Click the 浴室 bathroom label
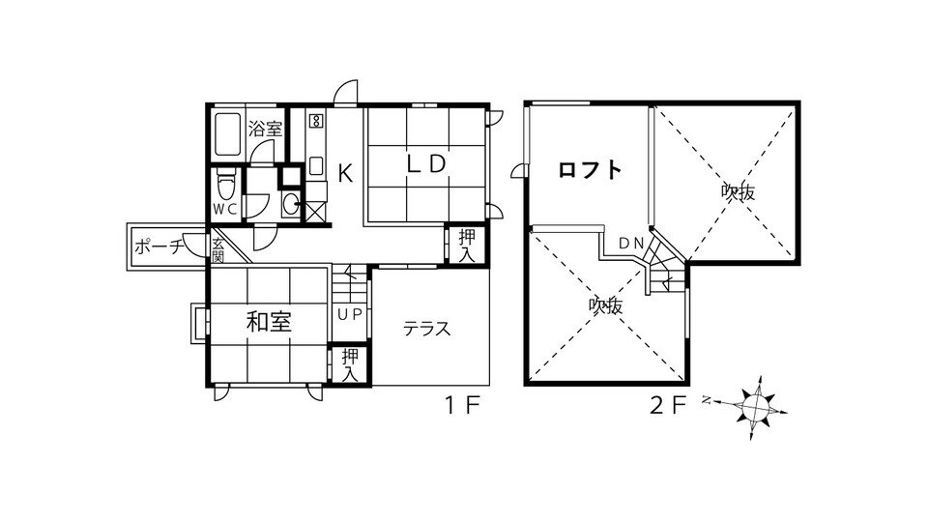pyautogui.click(x=265, y=129)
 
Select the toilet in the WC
pyautogui.click(x=225, y=184)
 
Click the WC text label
pyautogui.click(x=225, y=209)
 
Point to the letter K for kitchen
pyautogui.click(x=345, y=174)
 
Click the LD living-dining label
pyautogui.click(x=426, y=164)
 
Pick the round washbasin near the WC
pyautogui.click(x=291, y=204)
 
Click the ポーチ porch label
pyautogui.click(x=159, y=246)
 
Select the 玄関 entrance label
pyautogui.click(x=217, y=250)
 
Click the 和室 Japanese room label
pyautogui.click(x=270, y=323)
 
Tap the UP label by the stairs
pyautogui.click(x=349, y=315)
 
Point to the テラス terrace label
pyautogui.click(x=427, y=329)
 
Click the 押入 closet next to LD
pyautogui.click(x=467, y=246)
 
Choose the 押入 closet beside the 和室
pyautogui.click(x=350, y=364)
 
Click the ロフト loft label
pyautogui.click(x=590, y=170)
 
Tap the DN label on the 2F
pyautogui.click(x=631, y=243)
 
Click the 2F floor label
pyautogui.click(x=668, y=406)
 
